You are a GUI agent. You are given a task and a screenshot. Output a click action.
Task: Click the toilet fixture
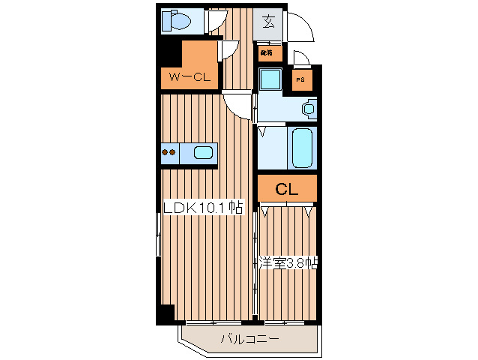pos(178,20)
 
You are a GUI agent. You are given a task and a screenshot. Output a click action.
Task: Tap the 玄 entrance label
pos(268,20)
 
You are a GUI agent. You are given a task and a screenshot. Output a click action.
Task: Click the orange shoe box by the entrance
pos(270,53)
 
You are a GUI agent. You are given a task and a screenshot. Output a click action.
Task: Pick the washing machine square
pos(270,79)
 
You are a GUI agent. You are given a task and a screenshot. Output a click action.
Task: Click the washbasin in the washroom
pos(309,109)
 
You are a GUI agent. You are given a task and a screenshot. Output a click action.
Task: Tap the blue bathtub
pos(302,147)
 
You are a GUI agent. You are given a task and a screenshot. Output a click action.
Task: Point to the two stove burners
pos(170,154)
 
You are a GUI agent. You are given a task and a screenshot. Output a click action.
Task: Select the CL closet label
pos(288,190)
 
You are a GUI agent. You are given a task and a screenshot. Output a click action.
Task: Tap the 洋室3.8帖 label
pos(288,262)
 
